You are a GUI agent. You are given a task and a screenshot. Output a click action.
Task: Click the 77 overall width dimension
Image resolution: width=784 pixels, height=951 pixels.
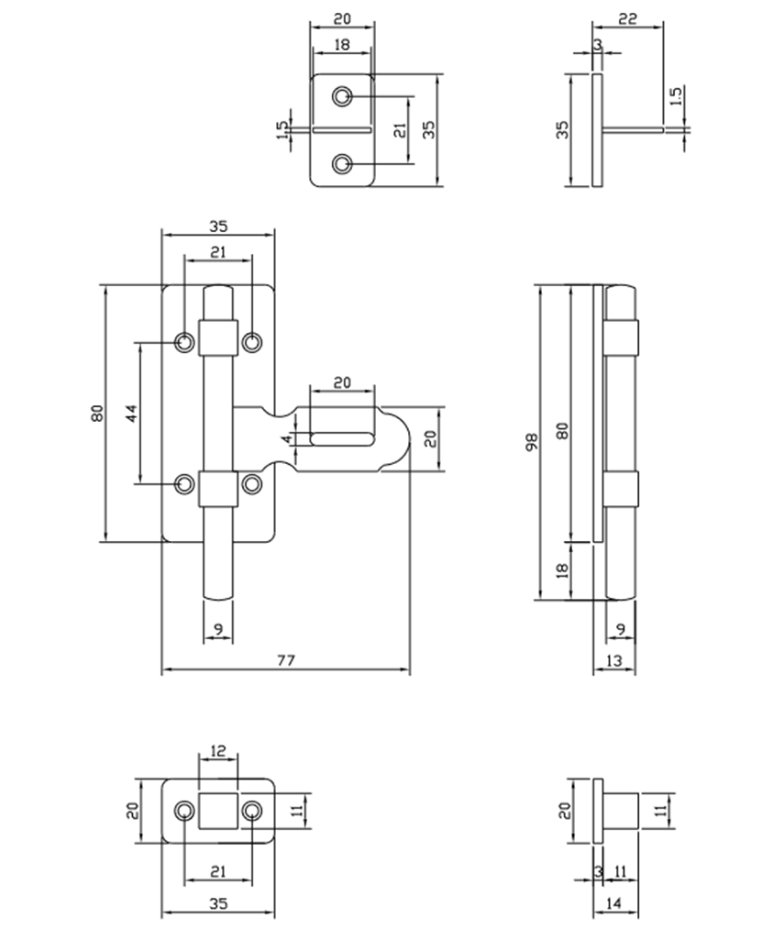[286, 660]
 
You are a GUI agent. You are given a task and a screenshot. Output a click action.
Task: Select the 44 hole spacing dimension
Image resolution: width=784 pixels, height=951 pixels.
[132, 413]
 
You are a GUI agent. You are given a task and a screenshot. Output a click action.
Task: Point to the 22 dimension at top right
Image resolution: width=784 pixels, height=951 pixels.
[628, 17]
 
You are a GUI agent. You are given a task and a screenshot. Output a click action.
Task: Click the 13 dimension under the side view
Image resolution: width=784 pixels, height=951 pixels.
[613, 660]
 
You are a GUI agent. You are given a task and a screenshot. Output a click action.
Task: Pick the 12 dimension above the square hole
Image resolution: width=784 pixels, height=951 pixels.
[218, 750]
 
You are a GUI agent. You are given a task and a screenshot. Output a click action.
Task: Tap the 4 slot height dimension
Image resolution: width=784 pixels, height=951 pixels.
[287, 438]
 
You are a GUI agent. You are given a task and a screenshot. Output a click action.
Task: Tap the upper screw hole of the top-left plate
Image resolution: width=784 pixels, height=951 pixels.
[343, 95]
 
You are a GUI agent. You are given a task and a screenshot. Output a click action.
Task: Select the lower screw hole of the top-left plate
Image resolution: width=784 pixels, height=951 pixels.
[343, 164]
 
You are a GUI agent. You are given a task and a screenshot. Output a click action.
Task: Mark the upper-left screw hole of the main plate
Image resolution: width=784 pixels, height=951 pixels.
[185, 342]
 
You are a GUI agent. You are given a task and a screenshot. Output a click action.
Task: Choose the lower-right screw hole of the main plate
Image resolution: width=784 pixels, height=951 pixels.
[251, 482]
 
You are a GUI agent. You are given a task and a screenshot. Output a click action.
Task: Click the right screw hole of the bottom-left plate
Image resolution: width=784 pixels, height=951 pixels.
[251, 810]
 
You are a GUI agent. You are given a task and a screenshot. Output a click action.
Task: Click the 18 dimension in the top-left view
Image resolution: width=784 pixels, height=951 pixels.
[342, 43]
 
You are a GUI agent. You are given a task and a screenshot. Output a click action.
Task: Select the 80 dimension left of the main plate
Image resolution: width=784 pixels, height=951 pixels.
[97, 414]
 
